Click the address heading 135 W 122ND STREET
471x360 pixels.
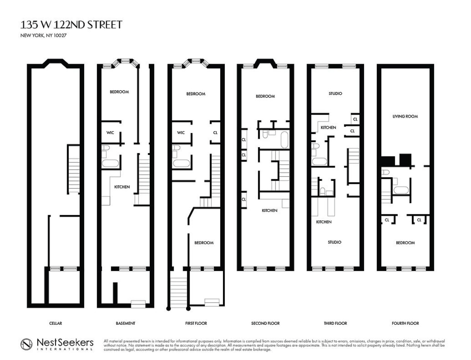pyautogui.click(x=71, y=25)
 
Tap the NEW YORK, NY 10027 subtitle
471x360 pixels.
pyautogui.click(x=44, y=36)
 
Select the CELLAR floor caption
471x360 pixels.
pyautogui.click(x=55, y=323)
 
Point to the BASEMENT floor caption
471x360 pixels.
pyautogui.click(x=125, y=323)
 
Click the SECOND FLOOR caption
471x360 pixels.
pyautogui.click(x=265, y=323)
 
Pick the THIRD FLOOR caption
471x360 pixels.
pyautogui.click(x=335, y=323)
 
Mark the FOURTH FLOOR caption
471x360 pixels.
pyautogui.click(x=405, y=323)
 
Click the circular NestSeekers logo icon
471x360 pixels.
pyautogui.click(x=27, y=344)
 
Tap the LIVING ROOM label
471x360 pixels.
pyautogui.click(x=405, y=116)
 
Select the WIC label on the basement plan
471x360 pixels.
pyautogui.click(x=110, y=133)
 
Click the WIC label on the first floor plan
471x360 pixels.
pyautogui.click(x=181, y=133)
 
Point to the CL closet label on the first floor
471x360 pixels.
pyautogui.click(x=215, y=133)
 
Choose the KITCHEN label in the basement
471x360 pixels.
pyautogui.click(x=122, y=187)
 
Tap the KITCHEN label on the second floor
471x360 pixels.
pyautogui.click(x=269, y=211)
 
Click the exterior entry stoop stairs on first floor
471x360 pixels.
pyautogui.click(x=178, y=290)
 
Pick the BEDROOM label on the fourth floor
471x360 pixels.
pyautogui.click(x=405, y=243)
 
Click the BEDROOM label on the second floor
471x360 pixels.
pyautogui.click(x=265, y=96)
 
